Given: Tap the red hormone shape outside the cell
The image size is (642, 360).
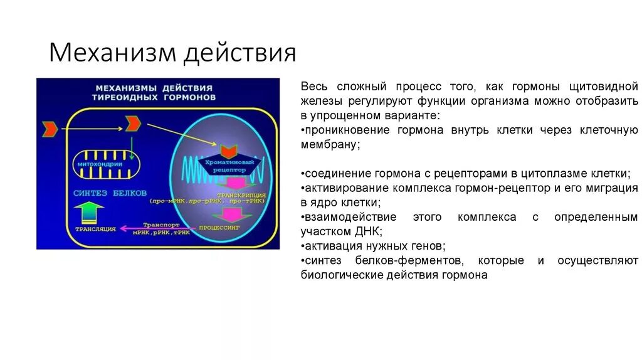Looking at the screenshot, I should [50, 129].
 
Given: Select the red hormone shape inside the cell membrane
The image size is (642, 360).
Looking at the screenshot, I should [132, 124].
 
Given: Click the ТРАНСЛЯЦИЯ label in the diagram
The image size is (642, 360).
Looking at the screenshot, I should [95, 230].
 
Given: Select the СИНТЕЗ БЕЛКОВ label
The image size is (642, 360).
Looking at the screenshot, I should [110, 193].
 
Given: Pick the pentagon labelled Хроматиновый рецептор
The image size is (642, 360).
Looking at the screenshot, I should [230, 164].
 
